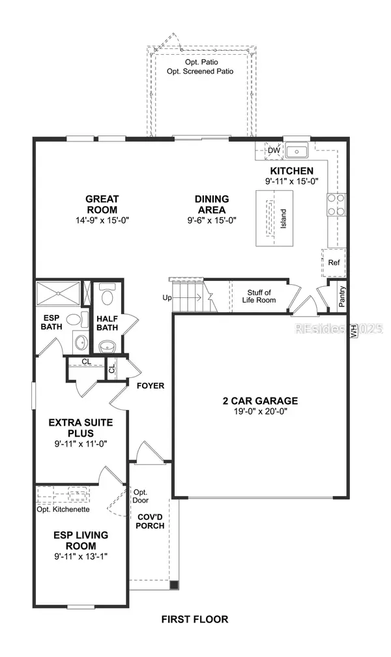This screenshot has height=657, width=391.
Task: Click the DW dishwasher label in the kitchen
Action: [x=274, y=151]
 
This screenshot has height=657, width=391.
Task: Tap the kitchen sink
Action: [x=298, y=152]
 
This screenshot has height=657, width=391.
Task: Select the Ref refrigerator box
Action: [x=334, y=263]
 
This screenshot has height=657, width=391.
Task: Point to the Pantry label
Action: [x=342, y=296]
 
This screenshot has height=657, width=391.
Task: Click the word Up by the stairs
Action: [x=167, y=298]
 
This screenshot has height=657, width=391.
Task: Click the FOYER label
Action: [x=150, y=385]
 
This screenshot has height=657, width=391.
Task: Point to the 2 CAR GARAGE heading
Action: [x=259, y=401]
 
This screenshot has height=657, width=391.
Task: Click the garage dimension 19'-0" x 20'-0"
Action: [x=259, y=411]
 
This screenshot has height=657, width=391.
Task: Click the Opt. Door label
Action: [x=141, y=496]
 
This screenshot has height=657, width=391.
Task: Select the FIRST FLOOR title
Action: [x=195, y=619]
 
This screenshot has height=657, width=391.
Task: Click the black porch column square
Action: [x=173, y=585]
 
